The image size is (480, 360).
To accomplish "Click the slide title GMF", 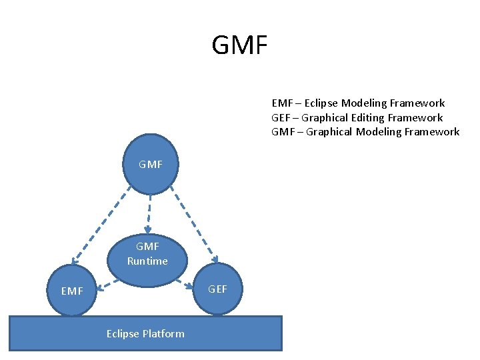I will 239,45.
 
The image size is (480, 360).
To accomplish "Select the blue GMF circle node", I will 151,164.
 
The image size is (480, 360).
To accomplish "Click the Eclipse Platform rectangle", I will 145,333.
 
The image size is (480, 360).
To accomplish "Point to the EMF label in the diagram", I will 72,291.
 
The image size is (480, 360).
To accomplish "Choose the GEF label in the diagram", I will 217,289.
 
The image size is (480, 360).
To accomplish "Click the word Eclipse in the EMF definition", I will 322,103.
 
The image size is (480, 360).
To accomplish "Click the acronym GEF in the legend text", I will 282,117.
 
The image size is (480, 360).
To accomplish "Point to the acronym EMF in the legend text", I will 282,103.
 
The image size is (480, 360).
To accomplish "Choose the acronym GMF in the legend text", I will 283,131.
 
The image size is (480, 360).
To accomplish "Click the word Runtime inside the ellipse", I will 147,261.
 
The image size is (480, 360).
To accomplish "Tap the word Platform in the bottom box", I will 163,333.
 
